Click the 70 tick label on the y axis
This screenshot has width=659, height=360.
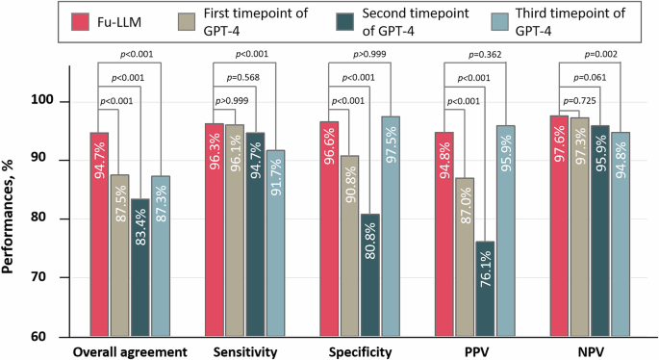point(51,277)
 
